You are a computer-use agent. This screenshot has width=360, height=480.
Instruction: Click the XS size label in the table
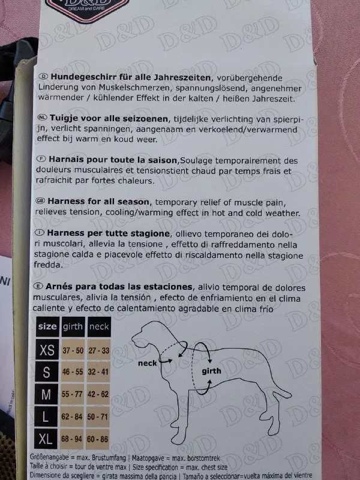coord(47,350)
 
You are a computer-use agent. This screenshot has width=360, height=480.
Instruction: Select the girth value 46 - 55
coord(73,371)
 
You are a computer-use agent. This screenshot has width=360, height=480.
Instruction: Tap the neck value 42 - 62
coord(98,394)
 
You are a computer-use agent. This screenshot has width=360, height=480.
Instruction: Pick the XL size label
coord(46,439)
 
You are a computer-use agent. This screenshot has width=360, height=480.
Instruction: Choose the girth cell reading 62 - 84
coord(72,416)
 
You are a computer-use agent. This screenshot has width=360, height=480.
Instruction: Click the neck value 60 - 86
coord(97,439)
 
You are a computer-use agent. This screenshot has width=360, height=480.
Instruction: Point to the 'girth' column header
coord(73,327)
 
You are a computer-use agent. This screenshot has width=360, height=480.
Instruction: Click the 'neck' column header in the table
coord(99,327)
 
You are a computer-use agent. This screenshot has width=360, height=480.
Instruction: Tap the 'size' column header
coord(47,326)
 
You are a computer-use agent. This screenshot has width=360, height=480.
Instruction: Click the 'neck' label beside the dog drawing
coord(147,364)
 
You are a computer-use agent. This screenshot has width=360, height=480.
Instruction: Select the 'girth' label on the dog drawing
coord(211,371)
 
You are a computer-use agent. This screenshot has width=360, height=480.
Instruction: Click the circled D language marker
coord(43,76)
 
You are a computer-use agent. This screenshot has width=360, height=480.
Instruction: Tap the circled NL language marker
coord(42,117)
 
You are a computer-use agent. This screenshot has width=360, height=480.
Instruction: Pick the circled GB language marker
coord(40,200)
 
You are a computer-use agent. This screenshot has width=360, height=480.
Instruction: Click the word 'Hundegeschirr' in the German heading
coord(80,77)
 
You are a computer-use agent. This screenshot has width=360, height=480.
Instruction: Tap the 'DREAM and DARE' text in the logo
coord(86,8)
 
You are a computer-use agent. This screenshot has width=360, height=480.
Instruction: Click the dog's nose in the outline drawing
coord(133,339)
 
